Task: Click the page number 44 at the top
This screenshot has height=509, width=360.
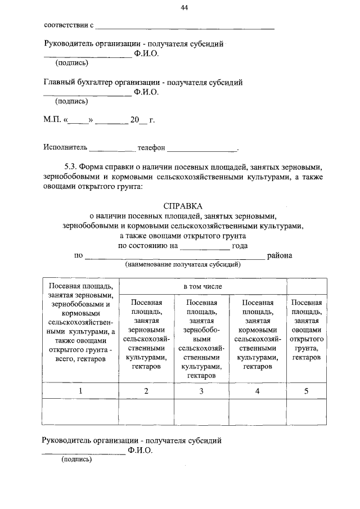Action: [x=184, y=7]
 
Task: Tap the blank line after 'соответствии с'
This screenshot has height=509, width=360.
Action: [x=186, y=28]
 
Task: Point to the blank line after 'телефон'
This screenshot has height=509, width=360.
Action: [x=202, y=150]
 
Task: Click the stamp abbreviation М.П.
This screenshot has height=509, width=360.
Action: [x=53, y=120]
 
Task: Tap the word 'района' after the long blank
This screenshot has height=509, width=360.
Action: [x=280, y=255]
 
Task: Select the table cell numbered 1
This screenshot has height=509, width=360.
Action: [x=80, y=391]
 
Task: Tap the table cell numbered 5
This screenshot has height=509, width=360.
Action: [x=307, y=391]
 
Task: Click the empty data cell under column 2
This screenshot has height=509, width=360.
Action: [x=146, y=412]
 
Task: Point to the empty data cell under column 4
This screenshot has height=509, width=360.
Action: [x=258, y=412]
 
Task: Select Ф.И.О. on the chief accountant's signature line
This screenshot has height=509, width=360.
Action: [x=147, y=92]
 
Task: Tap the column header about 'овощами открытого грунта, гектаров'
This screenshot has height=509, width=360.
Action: [x=307, y=330]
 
